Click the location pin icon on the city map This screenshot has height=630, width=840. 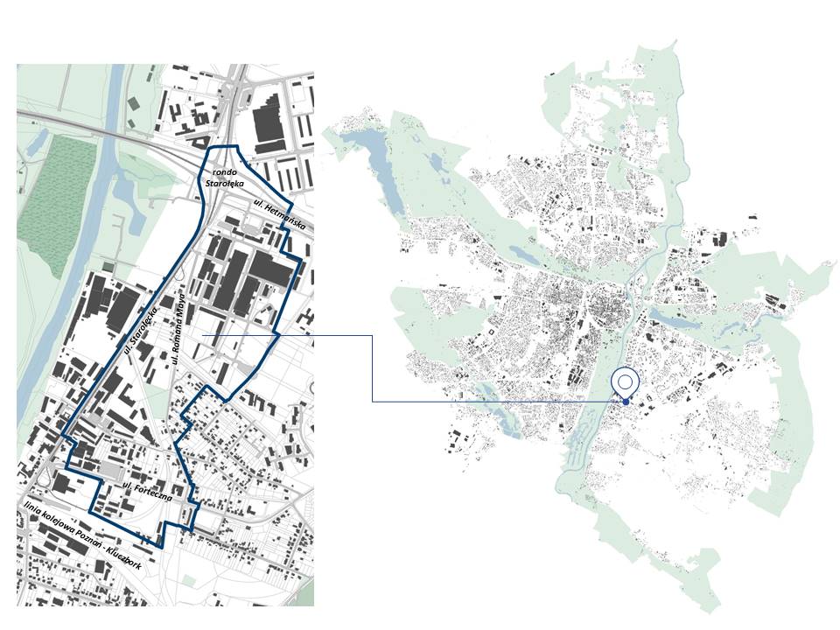click(625, 382)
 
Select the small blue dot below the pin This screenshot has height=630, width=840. click(626, 402)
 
